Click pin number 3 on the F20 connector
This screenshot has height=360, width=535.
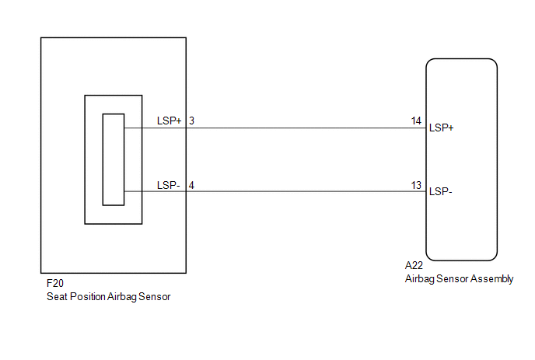tap(191, 121)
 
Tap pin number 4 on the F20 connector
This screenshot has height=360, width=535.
tap(191, 185)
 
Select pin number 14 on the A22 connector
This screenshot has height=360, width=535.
tap(416, 121)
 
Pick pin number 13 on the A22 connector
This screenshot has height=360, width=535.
tap(416, 185)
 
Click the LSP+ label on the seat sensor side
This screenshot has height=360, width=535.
tap(169, 121)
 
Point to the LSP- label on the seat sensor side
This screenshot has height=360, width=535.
tap(169, 185)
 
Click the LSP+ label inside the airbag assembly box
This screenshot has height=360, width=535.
tap(441, 128)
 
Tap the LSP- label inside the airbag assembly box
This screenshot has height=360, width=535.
tap(440, 192)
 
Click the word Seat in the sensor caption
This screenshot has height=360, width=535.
tap(58, 296)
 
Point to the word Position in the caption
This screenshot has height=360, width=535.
tap(88, 296)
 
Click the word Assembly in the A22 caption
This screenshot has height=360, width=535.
tap(493, 278)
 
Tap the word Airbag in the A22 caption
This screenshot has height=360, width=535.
tap(420, 278)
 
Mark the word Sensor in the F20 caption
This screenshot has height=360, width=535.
tap(153, 296)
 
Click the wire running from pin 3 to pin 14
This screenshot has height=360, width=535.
tap(303, 128)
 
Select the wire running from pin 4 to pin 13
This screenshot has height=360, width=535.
tap(303, 191)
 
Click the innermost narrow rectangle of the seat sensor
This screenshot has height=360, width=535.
tap(114, 159)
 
